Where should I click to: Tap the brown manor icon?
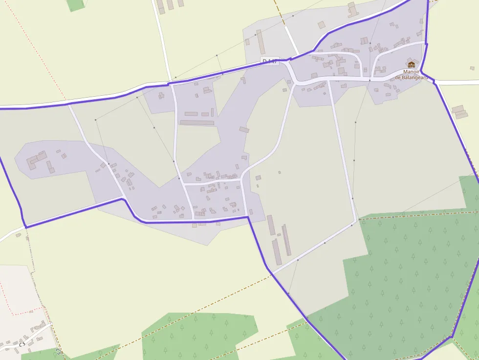pyautogui.click(x=412, y=64)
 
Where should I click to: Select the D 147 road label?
pyautogui.click(x=269, y=61)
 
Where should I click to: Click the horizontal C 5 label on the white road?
pyautogui.click(x=22, y=344)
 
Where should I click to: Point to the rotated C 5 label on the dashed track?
pyautogui.click(x=59, y=351)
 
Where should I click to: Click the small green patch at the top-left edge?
pyautogui.click(x=75, y=5)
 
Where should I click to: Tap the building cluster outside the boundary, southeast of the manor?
pyautogui.click(x=459, y=111)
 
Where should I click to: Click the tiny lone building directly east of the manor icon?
pyautogui.click(x=472, y=68)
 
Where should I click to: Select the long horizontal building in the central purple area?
pyautogui.click(x=196, y=122)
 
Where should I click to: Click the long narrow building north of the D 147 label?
pyautogui.click(x=261, y=42)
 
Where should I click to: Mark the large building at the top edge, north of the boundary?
pyautogui.click(x=352, y=8)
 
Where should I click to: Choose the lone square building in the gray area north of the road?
pyautogui.click(x=321, y=24)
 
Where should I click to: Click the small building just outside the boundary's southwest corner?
pyautogui.click(x=18, y=235)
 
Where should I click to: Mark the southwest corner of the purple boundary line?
pyautogui.click(x=25, y=227)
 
